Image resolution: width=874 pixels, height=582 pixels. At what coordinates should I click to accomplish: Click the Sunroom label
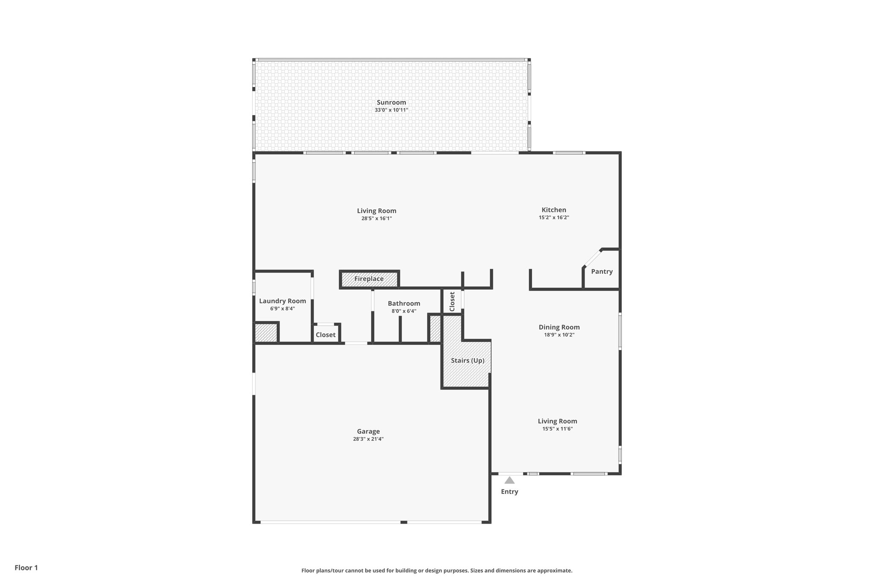click(x=391, y=102)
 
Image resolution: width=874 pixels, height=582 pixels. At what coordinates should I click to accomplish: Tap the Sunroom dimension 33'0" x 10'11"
click(x=391, y=110)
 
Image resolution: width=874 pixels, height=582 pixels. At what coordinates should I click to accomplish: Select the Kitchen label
click(x=554, y=210)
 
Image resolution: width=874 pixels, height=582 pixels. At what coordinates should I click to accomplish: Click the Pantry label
click(x=601, y=272)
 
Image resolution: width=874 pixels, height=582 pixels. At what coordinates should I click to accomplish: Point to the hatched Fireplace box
click(x=369, y=279)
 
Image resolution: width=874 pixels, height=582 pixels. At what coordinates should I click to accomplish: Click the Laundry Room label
click(x=282, y=301)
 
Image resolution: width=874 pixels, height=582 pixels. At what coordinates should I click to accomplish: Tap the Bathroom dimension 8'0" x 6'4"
click(x=404, y=311)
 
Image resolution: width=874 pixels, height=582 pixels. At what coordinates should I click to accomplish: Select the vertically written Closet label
click(x=452, y=301)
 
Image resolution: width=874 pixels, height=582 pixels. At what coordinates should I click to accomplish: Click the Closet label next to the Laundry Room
click(x=325, y=335)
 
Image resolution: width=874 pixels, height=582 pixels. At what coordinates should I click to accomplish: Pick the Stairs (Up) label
click(x=467, y=360)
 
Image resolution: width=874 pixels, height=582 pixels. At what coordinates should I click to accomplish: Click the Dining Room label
click(x=559, y=327)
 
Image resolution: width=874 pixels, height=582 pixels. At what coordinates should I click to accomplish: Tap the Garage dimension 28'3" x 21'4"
click(x=368, y=439)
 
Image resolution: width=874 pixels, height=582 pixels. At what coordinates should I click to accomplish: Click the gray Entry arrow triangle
click(x=510, y=481)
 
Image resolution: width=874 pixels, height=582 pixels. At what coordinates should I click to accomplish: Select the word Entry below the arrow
click(x=509, y=492)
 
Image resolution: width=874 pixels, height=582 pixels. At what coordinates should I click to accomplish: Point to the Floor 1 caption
click(x=26, y=568)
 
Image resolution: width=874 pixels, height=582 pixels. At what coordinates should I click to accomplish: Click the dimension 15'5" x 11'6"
click(x=557, y=429)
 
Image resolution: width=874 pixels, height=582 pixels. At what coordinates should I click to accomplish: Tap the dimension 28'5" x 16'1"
click(x=376, y=218)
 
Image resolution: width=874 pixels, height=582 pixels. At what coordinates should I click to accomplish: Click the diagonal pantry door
click(x=592, y=258)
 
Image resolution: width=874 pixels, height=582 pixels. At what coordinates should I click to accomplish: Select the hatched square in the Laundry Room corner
click(x=266, y=333)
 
